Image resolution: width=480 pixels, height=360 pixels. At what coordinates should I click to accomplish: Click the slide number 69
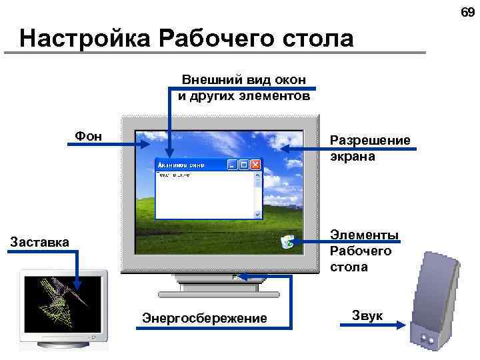(x=467, y=11)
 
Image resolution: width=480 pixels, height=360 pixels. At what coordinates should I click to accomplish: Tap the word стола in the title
(x=313, y=39)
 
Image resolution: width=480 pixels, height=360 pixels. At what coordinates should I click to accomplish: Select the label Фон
(x=88, y=137)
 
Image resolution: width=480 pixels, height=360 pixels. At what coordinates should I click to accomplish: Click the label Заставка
(x=39, y=241)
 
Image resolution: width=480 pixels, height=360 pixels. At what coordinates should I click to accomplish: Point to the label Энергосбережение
(x=205, y=318)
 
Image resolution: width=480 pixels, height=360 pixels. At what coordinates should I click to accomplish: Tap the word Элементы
(x=364, y=235)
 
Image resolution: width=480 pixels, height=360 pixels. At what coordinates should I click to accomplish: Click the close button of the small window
(x=256, y=165)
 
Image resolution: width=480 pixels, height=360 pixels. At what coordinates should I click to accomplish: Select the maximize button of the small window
(x=244, y=165)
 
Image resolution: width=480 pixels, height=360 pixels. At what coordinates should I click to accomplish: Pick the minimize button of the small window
(x=233, y=165)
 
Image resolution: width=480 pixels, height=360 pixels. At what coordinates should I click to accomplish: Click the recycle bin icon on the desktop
(x=288, y=241)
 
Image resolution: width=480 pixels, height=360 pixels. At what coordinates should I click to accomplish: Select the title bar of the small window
(x=190, y=165)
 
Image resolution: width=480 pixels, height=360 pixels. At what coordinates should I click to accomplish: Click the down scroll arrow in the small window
(x=257, y=214)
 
